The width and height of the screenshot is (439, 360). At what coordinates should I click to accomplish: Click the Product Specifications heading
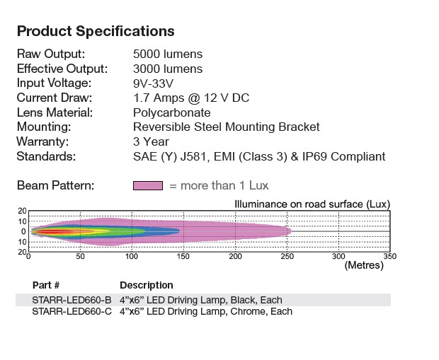pyautogui.click(x=96, y=31)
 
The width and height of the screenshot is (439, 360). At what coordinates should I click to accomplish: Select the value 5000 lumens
pyautogui.click(x=168, y=54)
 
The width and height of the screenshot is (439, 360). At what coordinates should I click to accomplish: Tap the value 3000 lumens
pyautogui.click(x=168, y=69)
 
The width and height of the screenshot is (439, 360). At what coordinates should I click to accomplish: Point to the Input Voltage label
pyautogui.click(x=56, y=83)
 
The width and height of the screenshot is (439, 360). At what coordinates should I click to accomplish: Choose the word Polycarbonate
pyautogui.click(x=171, y=112)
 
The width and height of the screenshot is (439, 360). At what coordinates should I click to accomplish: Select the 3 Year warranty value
pyautogui.click(x=151, y=141)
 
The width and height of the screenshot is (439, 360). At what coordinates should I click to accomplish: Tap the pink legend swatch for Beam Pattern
pyautogui.click(x=147, y=185)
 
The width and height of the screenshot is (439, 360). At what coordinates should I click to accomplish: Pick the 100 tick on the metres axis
pyautogui.click(x=131, y=257)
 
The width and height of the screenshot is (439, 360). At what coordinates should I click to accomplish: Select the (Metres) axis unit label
pyautogui.click(x=363, y=266)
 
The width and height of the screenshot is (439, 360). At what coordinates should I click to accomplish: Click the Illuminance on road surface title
pyautogui.click(x=312, y=204)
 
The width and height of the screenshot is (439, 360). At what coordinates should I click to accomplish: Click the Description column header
pyautogui.click(x=147, y=285)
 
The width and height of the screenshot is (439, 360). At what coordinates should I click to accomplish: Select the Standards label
pyautogui.click(x=46, y=156)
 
